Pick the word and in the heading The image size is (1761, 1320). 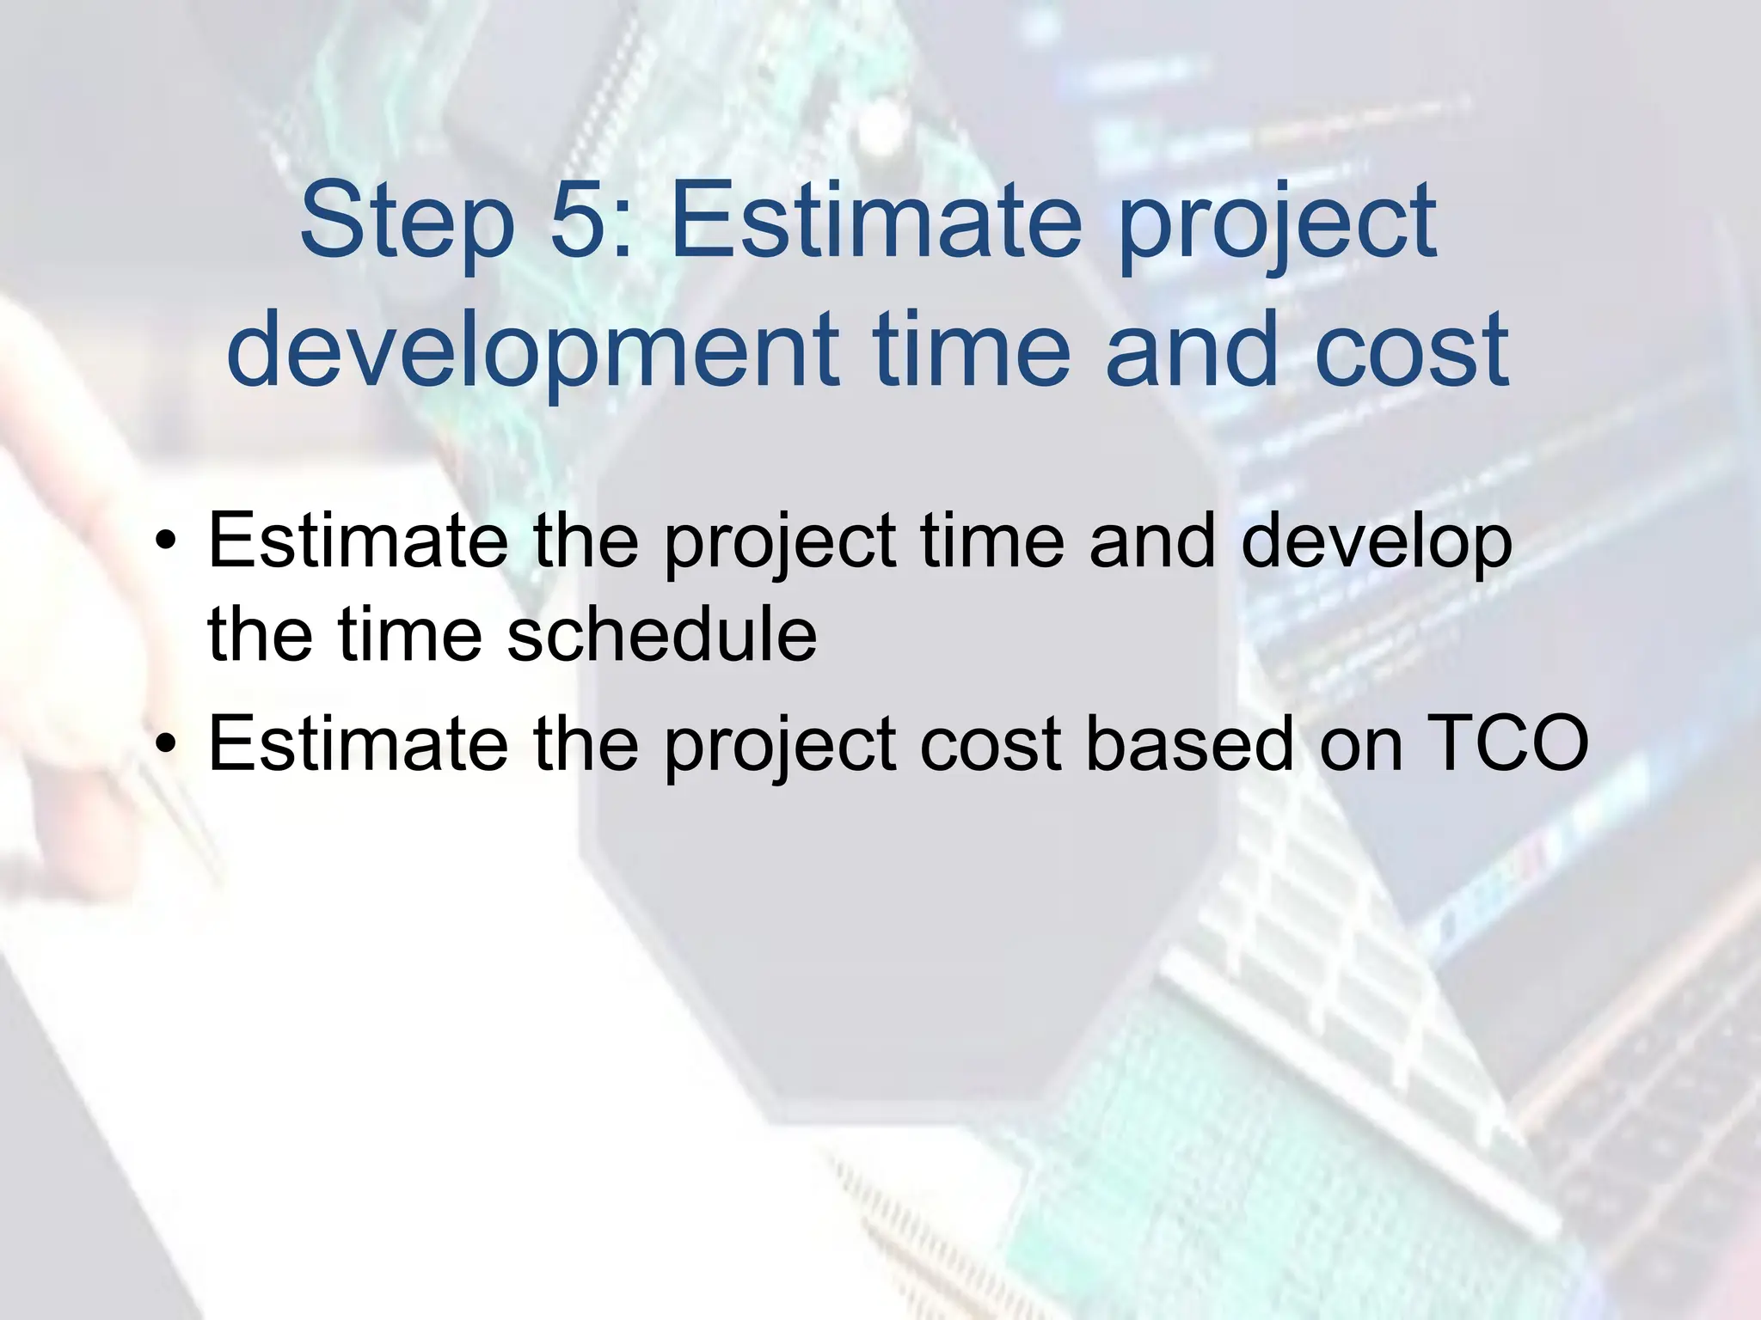[x=1192, y=351]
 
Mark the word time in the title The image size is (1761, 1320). [x=972, y=351]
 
